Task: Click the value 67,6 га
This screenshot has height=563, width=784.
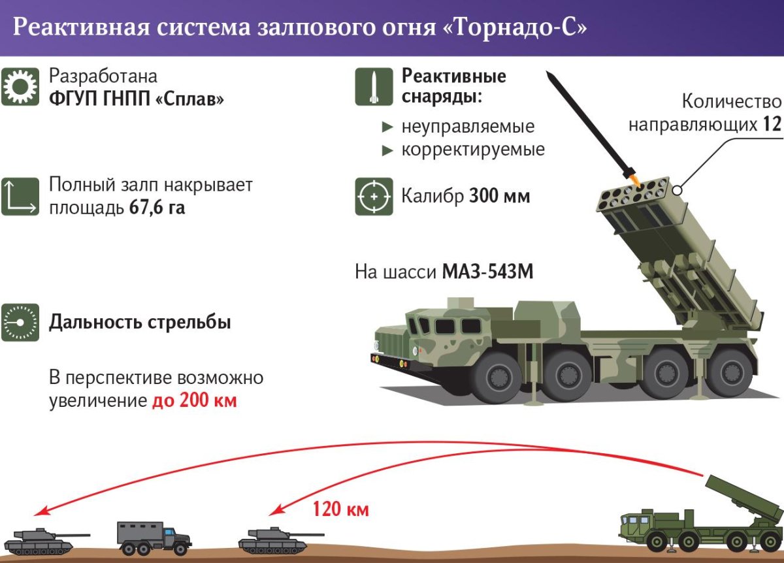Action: pos(157,209)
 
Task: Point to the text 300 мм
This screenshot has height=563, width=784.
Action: pos(499,196)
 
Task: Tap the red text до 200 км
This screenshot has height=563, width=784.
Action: pos(194,400)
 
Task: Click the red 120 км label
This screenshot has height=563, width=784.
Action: pos(336,508)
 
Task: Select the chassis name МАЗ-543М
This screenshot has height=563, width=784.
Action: pos(487,271)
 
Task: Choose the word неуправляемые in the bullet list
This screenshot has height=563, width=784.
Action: pos(468,125)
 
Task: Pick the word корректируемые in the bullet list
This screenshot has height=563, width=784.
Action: pos(473,150)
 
